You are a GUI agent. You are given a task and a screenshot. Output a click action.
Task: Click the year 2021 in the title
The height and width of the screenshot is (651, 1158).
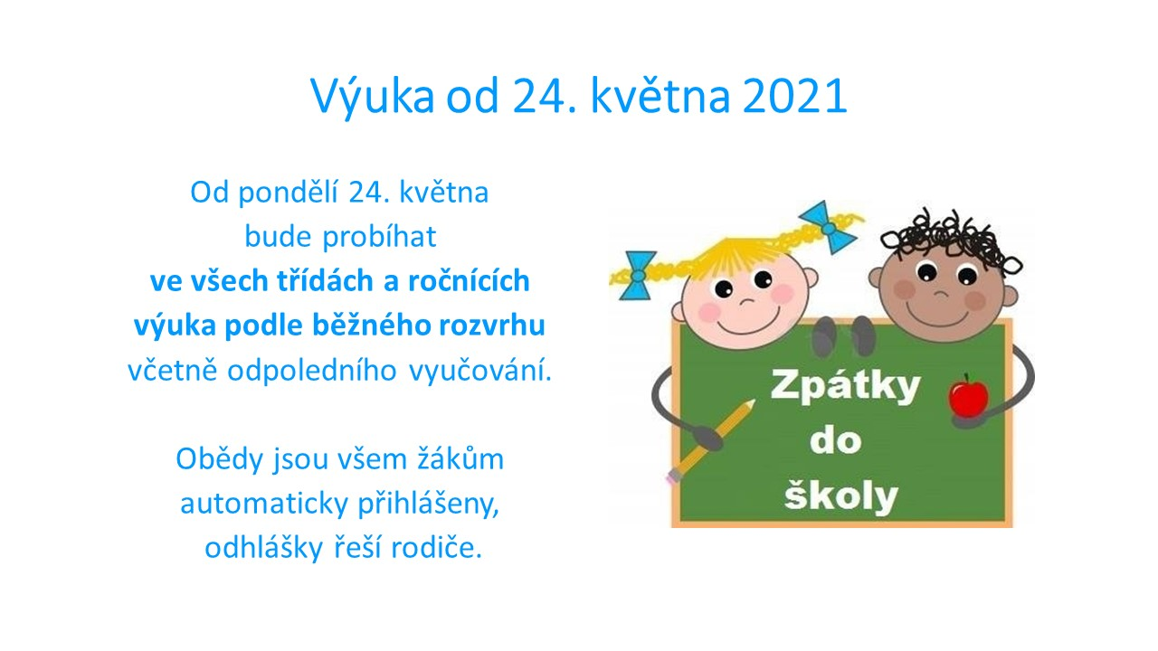[794, 96]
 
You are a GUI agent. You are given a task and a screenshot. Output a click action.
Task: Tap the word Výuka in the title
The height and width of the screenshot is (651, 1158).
[372, 96]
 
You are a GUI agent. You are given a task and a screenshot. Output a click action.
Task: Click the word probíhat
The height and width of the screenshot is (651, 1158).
[379, 237]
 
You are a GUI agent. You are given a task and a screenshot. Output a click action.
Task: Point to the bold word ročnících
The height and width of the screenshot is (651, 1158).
[469, 281]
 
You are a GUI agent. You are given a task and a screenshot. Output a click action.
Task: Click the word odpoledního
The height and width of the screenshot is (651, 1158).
[312, 371]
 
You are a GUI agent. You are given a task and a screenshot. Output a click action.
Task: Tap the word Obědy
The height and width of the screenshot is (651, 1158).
[219, 459]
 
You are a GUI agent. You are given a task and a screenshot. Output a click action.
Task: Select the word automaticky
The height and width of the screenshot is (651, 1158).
[264, 505]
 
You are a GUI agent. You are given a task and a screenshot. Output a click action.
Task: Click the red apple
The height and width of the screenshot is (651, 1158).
[968, 396]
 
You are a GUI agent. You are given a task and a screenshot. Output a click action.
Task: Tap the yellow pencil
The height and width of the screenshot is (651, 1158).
[711, 441]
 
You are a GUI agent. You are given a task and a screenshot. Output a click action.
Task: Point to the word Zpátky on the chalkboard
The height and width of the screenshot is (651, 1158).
[845, 387]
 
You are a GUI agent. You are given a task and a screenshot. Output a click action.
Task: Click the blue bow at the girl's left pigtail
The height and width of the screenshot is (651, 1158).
[638, 276]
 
